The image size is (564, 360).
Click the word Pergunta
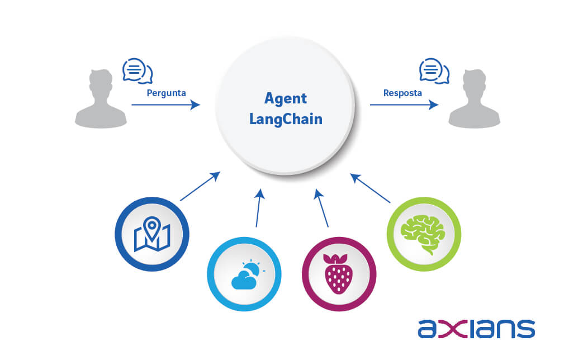tap(165, 92)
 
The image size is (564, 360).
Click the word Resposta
tap(402, 92)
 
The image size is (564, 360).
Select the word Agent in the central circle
tap(286, 99)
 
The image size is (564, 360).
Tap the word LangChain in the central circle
tap(286, 120)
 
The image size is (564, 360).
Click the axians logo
tap(476, 329)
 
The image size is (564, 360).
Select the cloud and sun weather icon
tap(244, 274)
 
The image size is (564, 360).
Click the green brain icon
tap(424, 234)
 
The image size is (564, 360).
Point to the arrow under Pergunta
tap(165, 105)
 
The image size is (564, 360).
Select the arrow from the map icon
tap(200, 187)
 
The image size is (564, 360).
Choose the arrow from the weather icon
tap(258, 208)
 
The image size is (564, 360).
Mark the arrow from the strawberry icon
tap(322, 208)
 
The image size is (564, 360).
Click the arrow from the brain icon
tap(370, 188)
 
